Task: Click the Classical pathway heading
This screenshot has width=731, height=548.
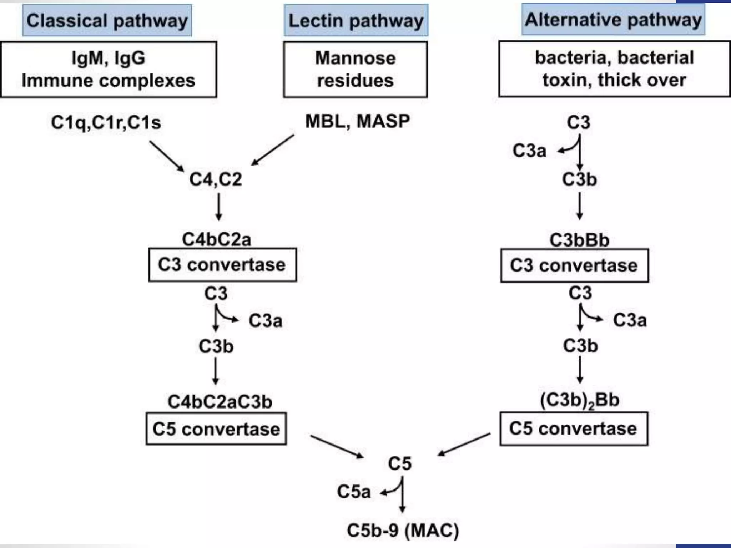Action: pos(107,20)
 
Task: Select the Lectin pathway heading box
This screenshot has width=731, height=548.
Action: pos(356,20)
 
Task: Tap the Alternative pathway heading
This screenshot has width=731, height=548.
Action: pos(613,20)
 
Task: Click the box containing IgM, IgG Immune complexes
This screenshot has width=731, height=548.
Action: pos(109,69)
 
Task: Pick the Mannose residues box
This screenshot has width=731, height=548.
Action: pos(355,69)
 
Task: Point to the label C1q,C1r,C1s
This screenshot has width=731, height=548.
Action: pos(106,122)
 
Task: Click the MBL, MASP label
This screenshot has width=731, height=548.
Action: pos(357,121)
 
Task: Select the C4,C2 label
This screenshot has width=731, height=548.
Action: pos(216,179)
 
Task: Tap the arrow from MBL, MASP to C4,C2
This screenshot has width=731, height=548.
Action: pos(273,150)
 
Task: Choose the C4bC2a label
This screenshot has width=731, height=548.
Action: pos(216,239)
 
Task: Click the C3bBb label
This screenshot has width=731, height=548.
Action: pos(579,240)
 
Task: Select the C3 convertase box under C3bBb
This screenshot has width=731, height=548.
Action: pos(574,266)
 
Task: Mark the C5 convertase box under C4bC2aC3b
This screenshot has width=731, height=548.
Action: pos(216,429)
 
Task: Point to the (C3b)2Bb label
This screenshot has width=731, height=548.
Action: pos(579,400)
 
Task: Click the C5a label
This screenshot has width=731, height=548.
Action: pos(354,492)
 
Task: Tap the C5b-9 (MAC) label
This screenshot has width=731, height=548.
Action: pos(403,530)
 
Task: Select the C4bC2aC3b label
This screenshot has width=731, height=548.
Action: pos(220,402)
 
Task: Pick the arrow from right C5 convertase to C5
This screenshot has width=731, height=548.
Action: pos(464,445)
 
